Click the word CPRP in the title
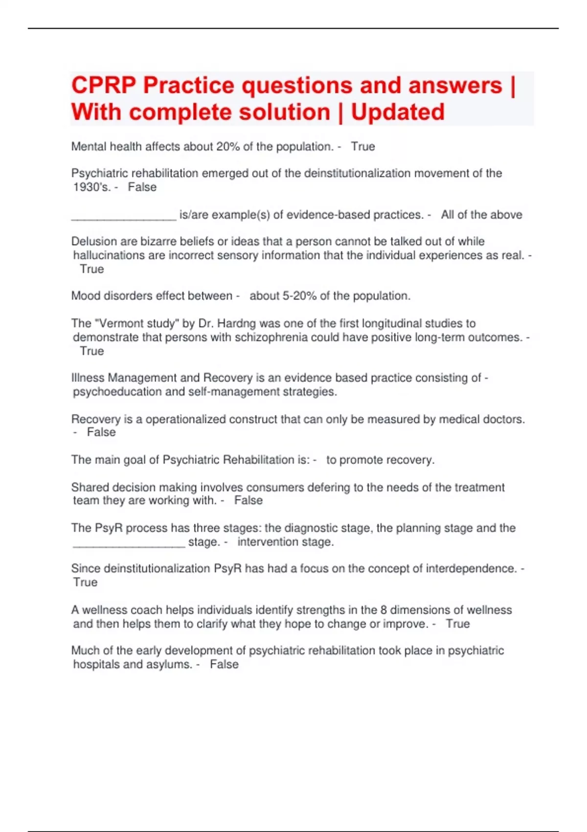(103, 86)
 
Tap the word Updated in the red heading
(398, 112)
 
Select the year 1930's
(91, 187)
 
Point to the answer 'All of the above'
(481, 214)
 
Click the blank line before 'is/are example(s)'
(123, 215)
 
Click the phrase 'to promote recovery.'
(380, 460)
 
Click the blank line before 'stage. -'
(129, 542)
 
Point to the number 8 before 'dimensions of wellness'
(384, 610)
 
